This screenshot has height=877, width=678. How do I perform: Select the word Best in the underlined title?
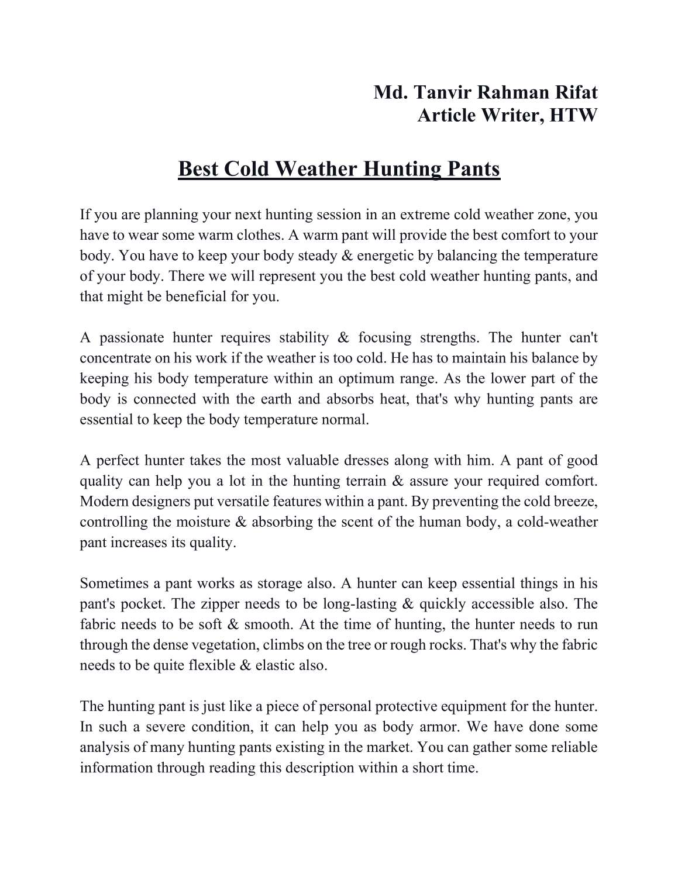[x=198, y=169]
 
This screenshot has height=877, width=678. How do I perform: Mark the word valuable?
[x=346, y=460]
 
